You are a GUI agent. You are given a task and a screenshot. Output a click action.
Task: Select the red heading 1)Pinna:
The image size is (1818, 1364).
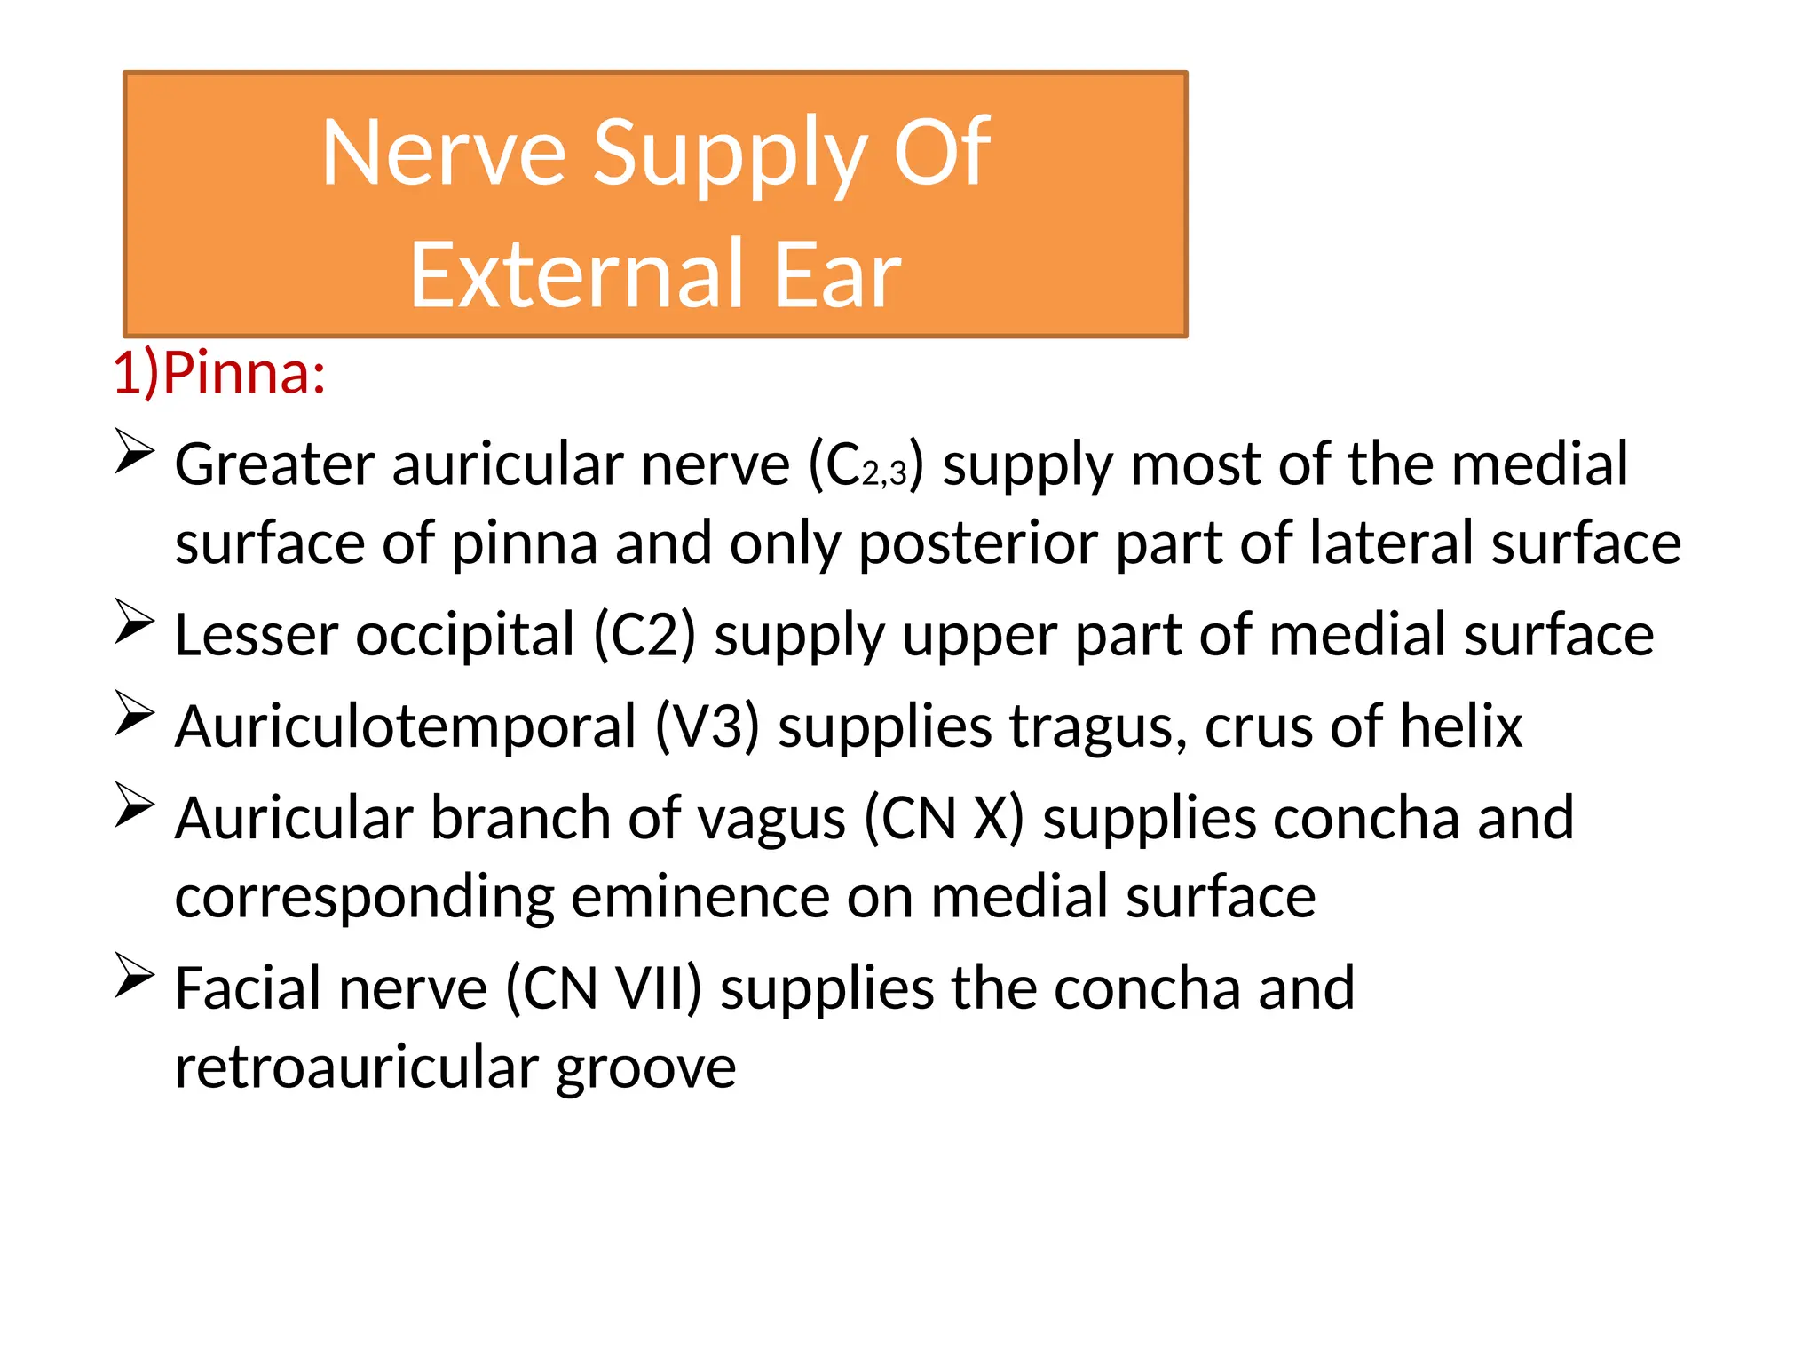pyautogui.click(x=219, y=372)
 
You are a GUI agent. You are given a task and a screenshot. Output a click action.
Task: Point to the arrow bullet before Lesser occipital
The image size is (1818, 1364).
pyautogui.click(x=134, y=622)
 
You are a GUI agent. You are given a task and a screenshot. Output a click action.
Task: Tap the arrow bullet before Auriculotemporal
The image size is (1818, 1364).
pyautogui.click(x=134, y=713)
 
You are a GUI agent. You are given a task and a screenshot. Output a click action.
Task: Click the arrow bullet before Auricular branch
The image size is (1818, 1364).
pyautogui.click(x=134, y=805)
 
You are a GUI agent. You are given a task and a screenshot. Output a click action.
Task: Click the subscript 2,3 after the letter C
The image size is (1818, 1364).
pyautogui.click(x=884, y=472)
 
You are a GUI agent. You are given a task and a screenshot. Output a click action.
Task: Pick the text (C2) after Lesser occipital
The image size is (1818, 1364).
pyautogui.click(x=644, y=635)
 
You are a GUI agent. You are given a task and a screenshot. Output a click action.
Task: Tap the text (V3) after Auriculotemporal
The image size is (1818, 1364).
pyautogui.click(x=707, y=726)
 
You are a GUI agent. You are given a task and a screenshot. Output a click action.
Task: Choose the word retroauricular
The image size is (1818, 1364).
pyautogui.click(x=356, y=1067)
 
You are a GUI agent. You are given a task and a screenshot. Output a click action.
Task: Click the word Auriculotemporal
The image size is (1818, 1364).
pyautogui.click(x=406, y=726)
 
